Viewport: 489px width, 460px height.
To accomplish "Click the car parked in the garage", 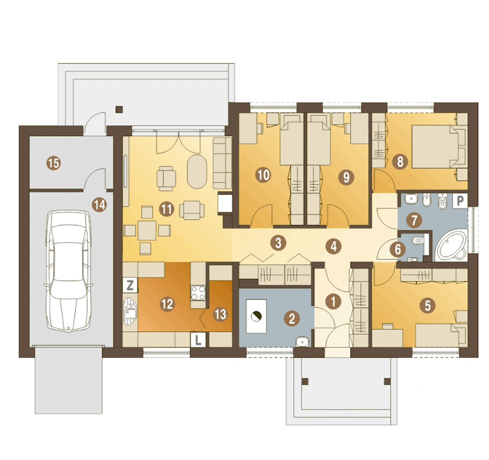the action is tap(68, 271).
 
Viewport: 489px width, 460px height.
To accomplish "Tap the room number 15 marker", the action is tap(54, 163).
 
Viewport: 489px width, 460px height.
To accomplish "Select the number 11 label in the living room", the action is tap(167, 209).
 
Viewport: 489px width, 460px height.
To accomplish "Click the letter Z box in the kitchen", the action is tap(130, 285).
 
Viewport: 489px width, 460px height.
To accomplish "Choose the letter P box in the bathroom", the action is tap(460, 201).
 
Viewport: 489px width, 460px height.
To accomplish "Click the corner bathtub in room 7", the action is tap(451, 245).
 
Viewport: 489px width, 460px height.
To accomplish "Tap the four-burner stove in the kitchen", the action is tap(198, 293).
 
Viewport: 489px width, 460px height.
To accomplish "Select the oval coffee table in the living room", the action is tap(197, 172).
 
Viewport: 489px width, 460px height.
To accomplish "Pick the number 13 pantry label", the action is tap(220, 314).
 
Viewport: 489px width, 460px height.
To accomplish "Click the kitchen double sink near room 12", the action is tap(130, 311).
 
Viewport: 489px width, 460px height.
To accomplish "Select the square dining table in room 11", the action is tap(147, 230).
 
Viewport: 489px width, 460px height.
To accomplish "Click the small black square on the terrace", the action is tap(119, 109).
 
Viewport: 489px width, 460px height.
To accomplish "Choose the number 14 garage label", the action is tap(99, 205).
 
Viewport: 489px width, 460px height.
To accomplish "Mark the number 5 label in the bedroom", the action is tap(428, 306).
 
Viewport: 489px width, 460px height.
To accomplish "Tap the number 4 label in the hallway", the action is tap(334, 246).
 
